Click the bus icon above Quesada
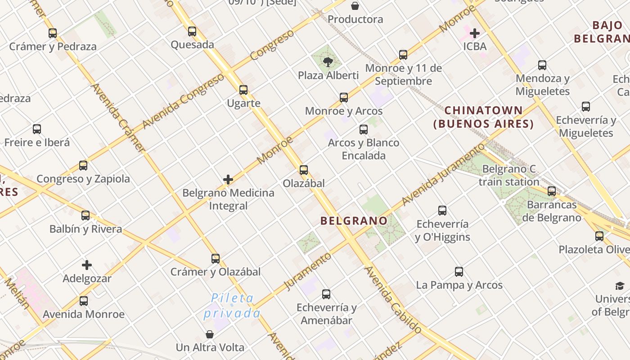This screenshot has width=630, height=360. pyautogui.click(x=192, y=31)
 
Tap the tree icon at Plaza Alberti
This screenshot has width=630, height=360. pyautogui.click(x=328, y=62)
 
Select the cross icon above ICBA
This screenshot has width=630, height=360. pyautogui.click(x=475, y=33)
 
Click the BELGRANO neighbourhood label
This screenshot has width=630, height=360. pyautogui.click(x=354, y=221)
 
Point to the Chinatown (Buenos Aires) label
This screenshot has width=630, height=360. pyautogui.click(x=484, y=117)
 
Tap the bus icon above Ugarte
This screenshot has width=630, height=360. pyautogui.click(x=243, y=90)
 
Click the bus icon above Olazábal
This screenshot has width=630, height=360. pyautogui.click(x=304, y=170)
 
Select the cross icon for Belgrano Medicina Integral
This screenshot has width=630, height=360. pyautogui.click(x=228, y=180)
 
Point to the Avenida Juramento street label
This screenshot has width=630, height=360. pyautogui.click(x=443, y=175)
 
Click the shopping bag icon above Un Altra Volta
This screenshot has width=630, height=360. pyautogui.click(x=210, y=334)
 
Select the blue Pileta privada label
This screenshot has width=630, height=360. pyautogui.click(x=232, y=306)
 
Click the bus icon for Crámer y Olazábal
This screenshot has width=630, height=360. pyautogui.click(x=216, y=259)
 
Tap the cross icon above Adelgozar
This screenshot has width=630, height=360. pyautogui.click(x=87, y=265)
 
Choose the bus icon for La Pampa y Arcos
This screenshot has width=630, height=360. pyautogui.click(x=459, y=272)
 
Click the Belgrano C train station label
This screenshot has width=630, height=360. pyautogui.click(x=509, y=175)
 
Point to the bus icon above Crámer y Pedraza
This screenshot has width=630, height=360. pyautogui.click(x=53, y=33)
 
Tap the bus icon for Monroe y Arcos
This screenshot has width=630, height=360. pyautogui.click(x=344, y=98)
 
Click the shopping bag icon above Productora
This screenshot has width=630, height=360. pyautogui.click(x=355, y=6)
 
